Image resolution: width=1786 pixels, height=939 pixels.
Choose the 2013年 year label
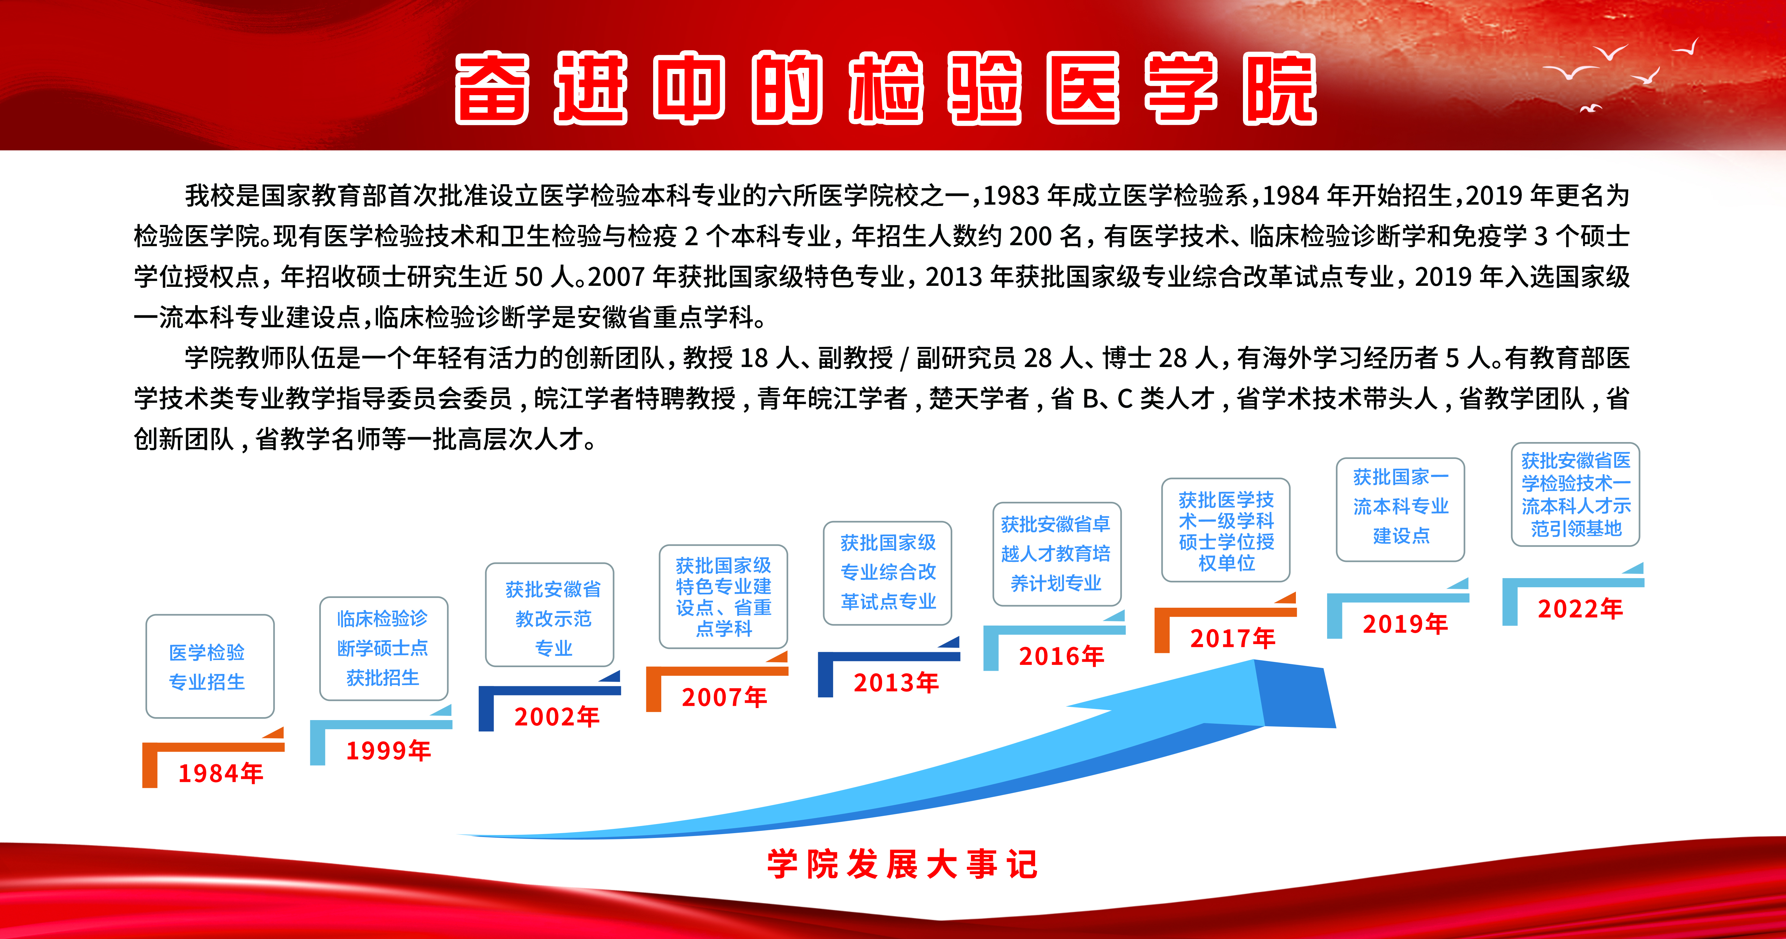896,682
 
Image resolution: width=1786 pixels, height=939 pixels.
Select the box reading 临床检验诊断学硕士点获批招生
383,648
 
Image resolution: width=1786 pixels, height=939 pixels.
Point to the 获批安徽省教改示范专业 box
550,615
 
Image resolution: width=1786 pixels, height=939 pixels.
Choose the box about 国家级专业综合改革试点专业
887,573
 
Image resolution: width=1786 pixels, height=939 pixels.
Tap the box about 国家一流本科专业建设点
1400,509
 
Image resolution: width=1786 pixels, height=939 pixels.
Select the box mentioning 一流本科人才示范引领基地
1575,494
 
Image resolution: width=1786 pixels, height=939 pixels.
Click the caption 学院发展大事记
902,864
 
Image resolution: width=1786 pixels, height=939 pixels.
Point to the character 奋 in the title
492,88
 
